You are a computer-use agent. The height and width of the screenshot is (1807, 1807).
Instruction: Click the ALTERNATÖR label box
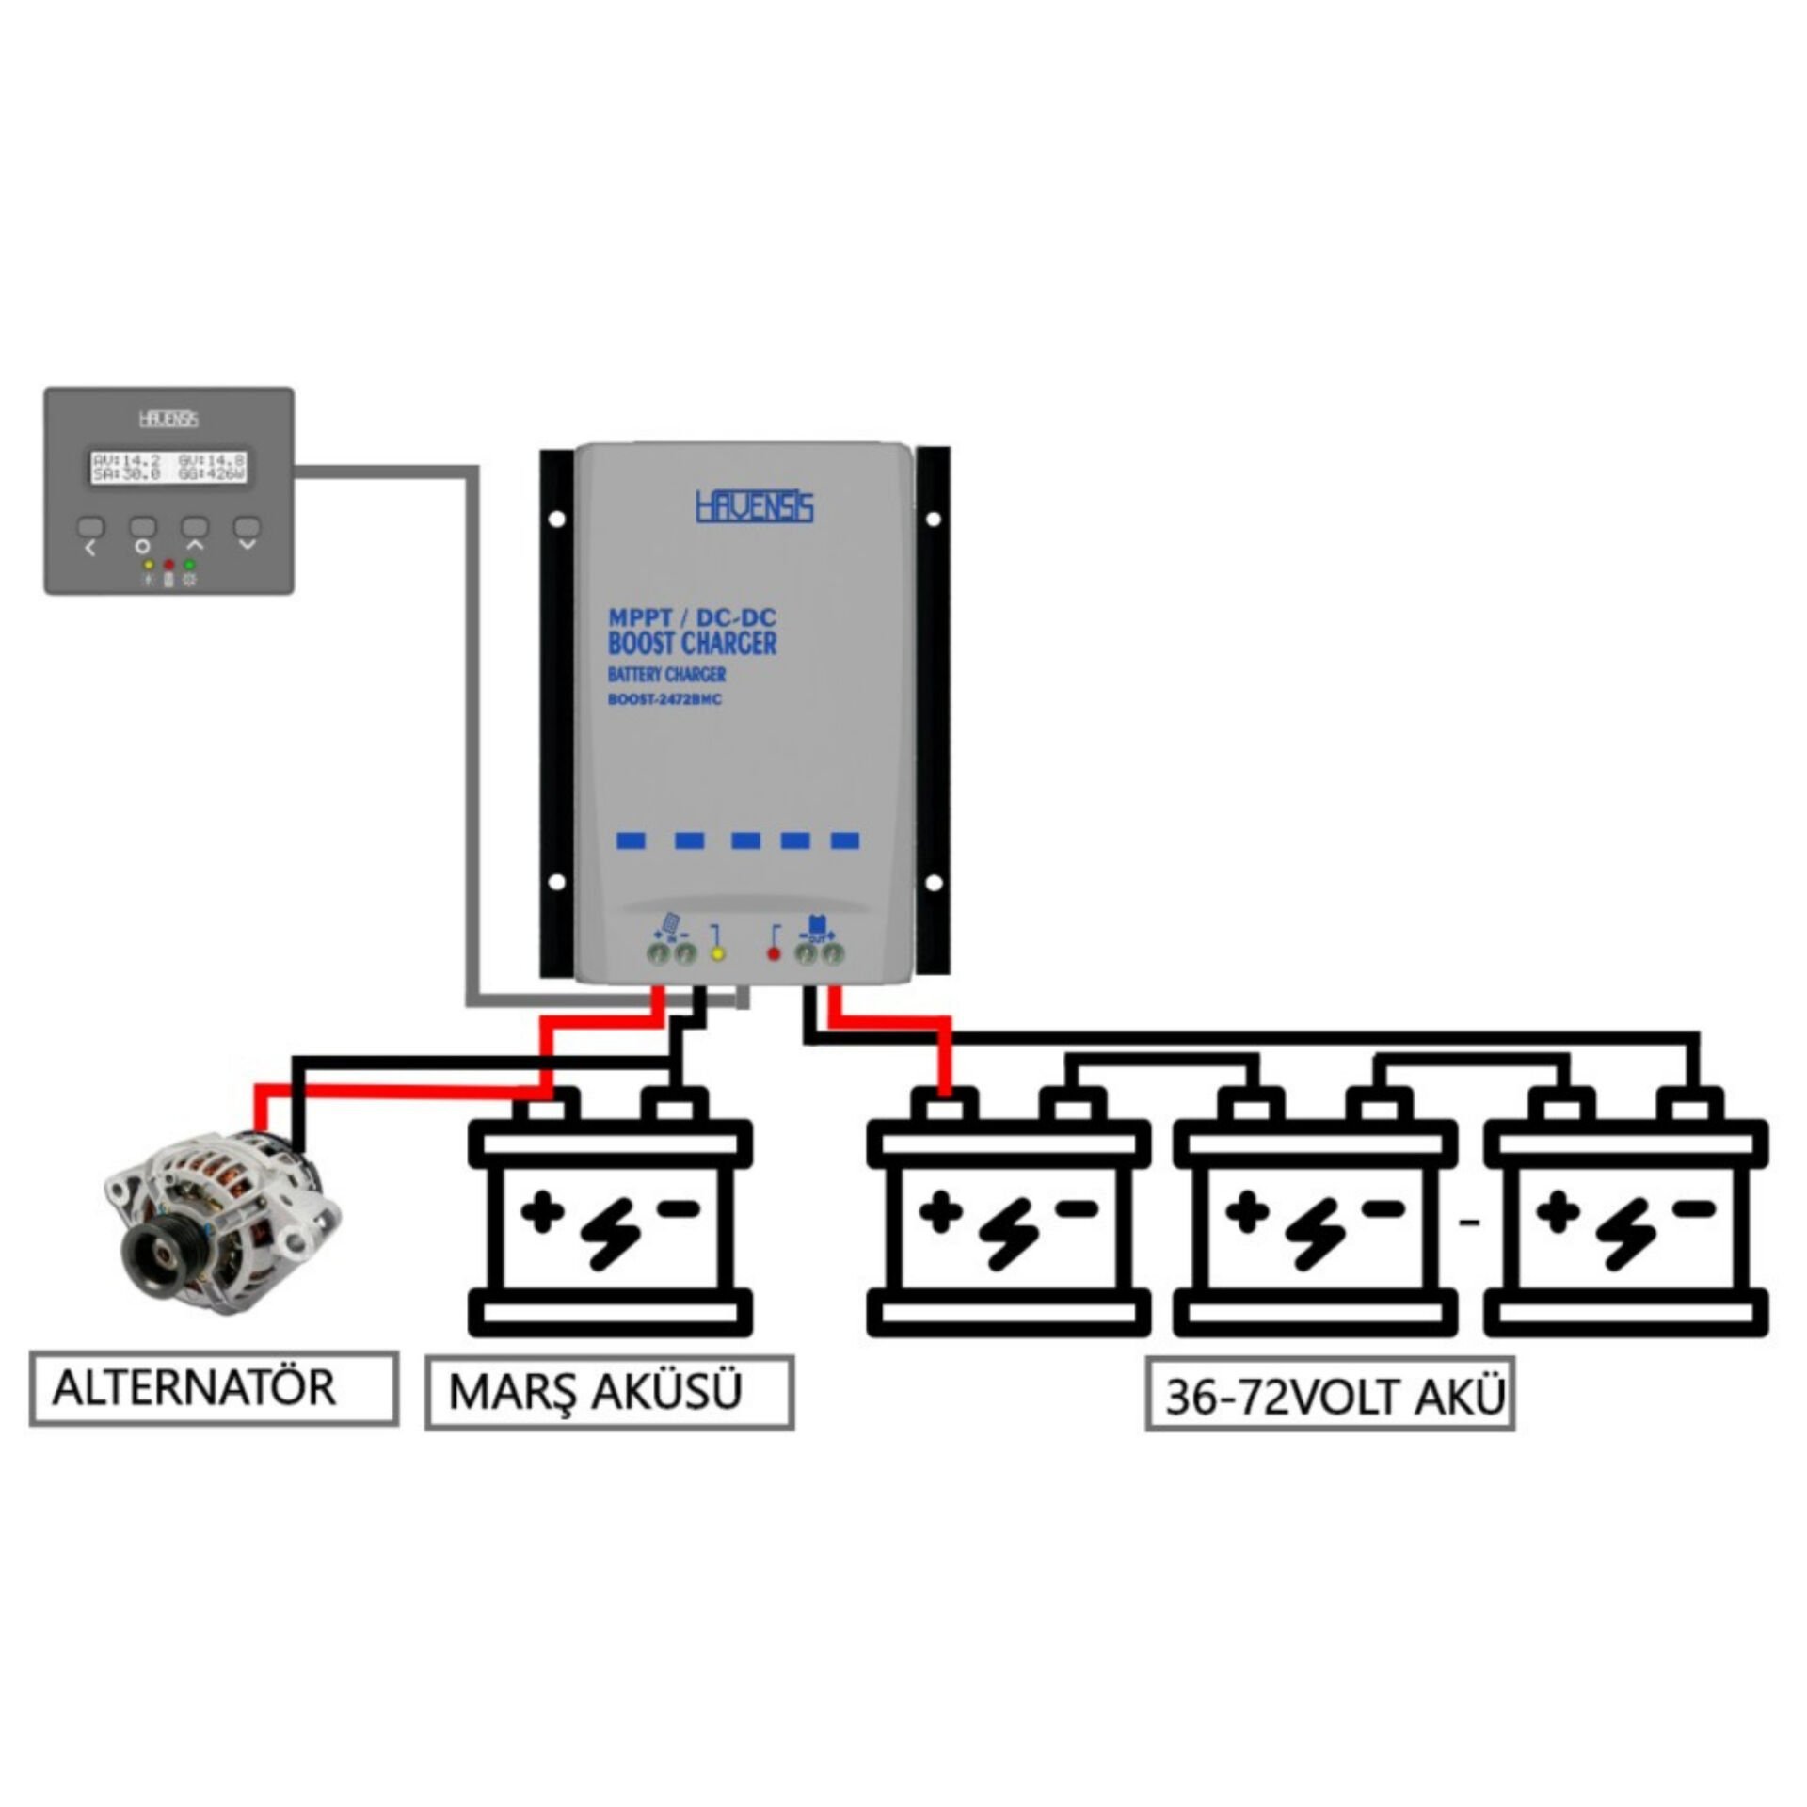coord(213,1388)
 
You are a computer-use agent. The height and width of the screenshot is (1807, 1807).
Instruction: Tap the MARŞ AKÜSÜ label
coord(609,1392)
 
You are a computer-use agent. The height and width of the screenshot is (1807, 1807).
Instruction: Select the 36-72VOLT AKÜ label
coord(1329,1397)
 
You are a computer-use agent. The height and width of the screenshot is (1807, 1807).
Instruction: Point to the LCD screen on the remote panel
coord(168,467)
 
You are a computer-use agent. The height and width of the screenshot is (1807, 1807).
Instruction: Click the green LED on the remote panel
coord(189,565)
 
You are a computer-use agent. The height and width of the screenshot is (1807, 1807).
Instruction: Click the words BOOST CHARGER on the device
coord(692,644)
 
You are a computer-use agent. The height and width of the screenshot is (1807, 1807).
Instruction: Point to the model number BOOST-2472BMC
coord(664,699)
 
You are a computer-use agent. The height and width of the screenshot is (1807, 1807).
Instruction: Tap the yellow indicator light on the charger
coord(717,954)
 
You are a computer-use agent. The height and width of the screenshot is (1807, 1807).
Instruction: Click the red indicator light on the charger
coord(774,954)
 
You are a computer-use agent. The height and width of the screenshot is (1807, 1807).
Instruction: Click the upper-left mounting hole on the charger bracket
coord(556,518)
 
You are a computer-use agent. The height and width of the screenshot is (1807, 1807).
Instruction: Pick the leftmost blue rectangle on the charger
coord(630,840)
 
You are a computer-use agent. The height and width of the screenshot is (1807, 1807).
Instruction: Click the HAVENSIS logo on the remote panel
coord(168,419)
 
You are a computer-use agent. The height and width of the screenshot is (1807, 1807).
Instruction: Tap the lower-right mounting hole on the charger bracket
coord(934,882)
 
